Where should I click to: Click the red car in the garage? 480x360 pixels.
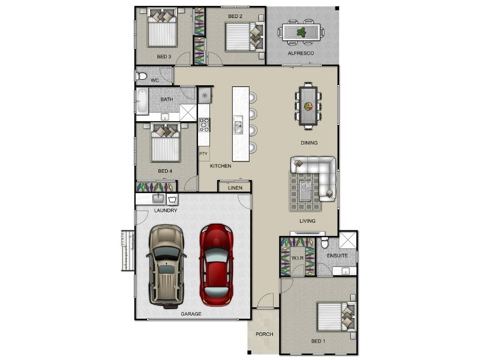(x=215, y=264)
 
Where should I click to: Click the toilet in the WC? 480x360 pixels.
(x=142, y=76)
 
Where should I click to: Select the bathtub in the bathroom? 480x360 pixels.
(x=142, y=101)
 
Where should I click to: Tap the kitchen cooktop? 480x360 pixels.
(x=204, y=125)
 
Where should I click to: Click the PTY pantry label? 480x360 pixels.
(x=203, y=154)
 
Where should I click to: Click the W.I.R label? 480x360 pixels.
(x=298, y=259)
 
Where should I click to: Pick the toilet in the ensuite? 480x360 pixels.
(x=324, y=242)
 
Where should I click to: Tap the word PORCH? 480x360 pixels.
(x=264, y=334)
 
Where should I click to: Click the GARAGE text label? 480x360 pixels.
(x=191, y=314)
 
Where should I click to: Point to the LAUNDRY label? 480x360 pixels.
(x=165, y=211)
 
